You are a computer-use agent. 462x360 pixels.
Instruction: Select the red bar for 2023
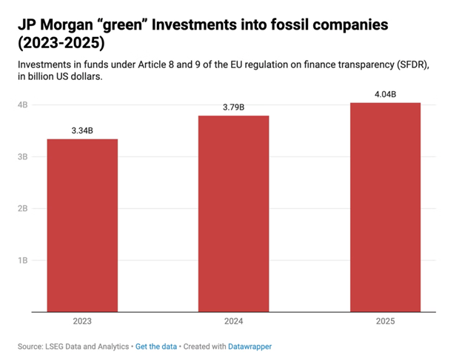click(x=82, y=225)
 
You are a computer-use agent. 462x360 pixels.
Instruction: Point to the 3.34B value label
click(x=82, y=130)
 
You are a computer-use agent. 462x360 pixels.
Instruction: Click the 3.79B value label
click(x=233, y=107)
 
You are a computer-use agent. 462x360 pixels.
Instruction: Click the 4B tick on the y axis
click(x=23, y=105)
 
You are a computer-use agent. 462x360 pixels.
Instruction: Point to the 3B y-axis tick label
click(x=23, y=157)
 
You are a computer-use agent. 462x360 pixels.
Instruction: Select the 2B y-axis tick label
click(x=23, y=209)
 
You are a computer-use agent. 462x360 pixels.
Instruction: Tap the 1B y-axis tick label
click(x=23, y=261)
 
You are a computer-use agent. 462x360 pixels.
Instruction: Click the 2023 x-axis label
click(x=82, y=321)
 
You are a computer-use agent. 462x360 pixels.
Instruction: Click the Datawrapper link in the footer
click(x=250, y=346)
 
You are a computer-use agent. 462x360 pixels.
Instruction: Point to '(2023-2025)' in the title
click(x=60, y=44)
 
